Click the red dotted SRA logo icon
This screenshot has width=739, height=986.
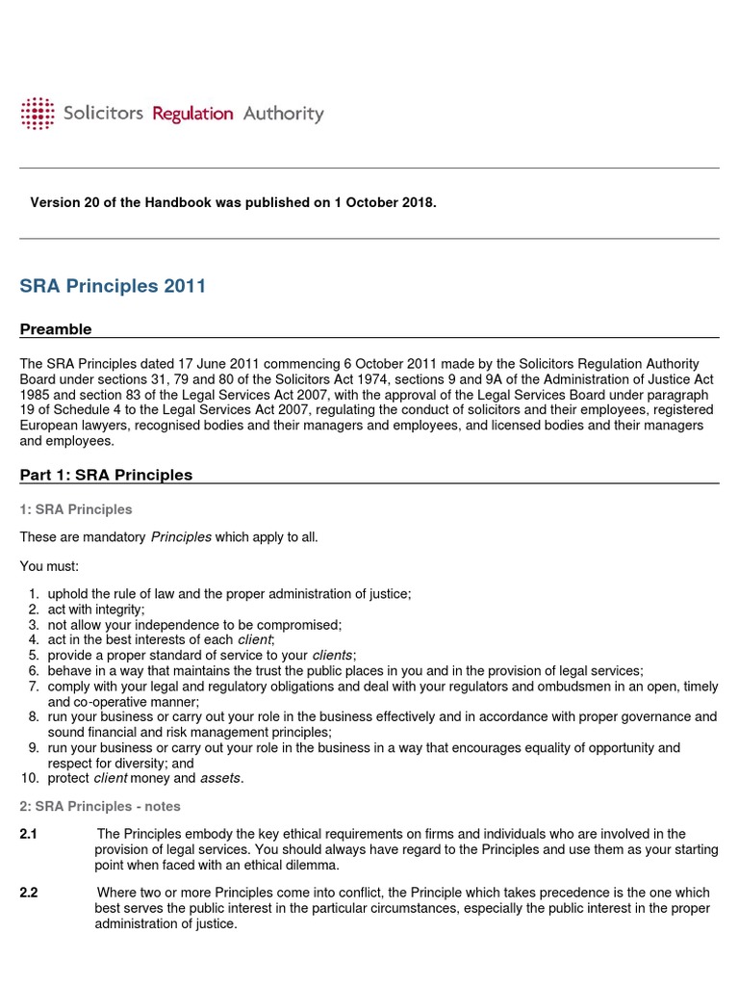coord(38,114)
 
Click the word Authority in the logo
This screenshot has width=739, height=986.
coord(283,114)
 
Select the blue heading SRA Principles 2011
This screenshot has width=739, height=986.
coord(113,286)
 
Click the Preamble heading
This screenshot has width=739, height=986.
coord(56,329)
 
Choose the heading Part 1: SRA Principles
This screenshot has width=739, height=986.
coord(106,475)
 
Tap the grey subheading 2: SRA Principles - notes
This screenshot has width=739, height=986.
coord(100,806)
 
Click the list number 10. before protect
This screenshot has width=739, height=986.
coord(29,778)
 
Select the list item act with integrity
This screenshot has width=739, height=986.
coord(96,610)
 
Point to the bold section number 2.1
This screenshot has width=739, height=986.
coord(29,834)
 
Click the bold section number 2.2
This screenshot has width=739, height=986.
coord(29,893)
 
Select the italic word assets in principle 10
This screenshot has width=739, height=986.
coord(220,778)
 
